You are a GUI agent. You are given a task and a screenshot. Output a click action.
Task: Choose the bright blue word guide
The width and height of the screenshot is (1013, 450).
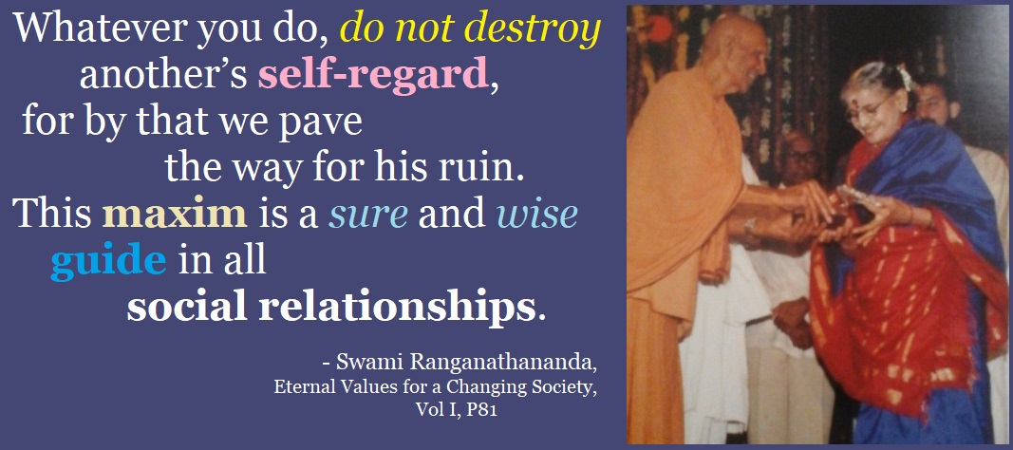coord(108,263)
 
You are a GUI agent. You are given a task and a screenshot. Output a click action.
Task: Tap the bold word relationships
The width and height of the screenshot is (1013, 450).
coord(397,309)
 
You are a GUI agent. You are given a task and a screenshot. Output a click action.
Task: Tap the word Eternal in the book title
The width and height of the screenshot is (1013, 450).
coord(298,388)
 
